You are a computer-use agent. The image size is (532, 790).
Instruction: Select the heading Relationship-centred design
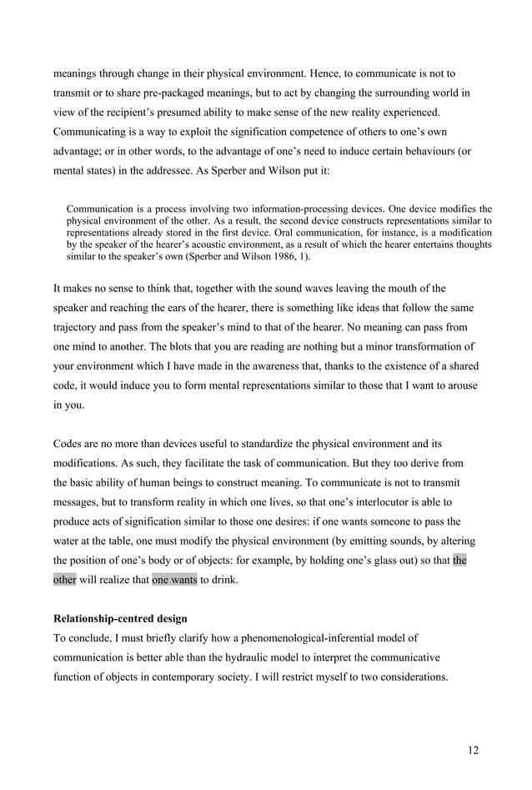[121, 621]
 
